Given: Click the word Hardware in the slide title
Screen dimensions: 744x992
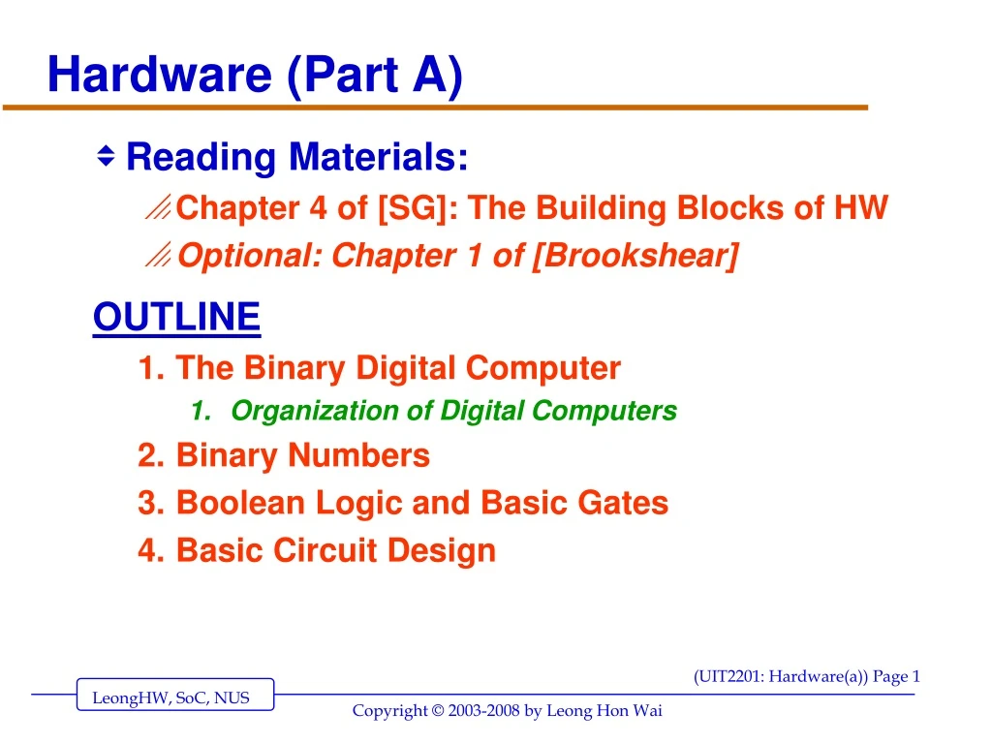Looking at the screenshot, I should point(160,76).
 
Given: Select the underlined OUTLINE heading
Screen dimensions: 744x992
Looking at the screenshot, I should point(176,317).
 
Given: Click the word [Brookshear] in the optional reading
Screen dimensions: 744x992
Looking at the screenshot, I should point(635,257).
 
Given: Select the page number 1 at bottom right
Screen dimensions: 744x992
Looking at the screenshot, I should point(915,677).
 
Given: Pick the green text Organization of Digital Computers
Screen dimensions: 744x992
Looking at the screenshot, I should point(453,411).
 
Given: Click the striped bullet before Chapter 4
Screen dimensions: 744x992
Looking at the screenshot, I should point(159,207).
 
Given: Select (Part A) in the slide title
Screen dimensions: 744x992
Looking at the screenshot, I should point(374,76).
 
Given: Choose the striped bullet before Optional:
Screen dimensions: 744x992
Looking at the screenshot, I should point(159,256).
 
